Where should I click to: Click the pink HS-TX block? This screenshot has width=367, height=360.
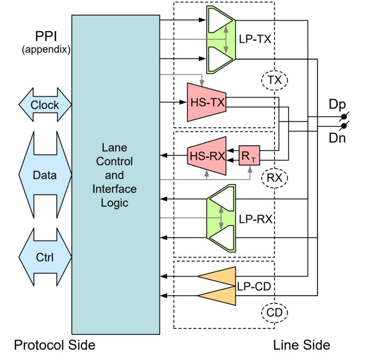(x=207, y=102)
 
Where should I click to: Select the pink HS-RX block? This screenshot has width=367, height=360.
(x=207, y=156)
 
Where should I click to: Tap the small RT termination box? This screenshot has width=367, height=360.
(x=249, y=156)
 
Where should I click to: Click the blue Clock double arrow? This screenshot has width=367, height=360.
(x=45, y=105)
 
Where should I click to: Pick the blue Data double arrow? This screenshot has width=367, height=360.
(x=45, y=175)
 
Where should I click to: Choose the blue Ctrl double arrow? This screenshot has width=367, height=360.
(x=45, y=257)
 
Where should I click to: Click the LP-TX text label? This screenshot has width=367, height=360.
(x=255, y=39)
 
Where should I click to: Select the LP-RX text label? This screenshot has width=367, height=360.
(x=256, y=219)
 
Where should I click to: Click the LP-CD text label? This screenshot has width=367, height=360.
(x=254, y=286)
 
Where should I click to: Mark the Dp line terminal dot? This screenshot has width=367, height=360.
(x=344, y=117)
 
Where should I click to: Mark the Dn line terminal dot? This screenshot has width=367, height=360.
(x=344, y=126)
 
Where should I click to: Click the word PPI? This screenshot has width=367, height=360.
(x=46, y=36)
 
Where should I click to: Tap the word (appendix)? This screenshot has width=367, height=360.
(x=46, y=50)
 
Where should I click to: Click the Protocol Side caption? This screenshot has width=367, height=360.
(x=55, y=345)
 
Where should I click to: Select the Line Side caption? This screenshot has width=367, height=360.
(x=301, y=345)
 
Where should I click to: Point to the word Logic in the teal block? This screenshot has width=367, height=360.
(x=114, y=203)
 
